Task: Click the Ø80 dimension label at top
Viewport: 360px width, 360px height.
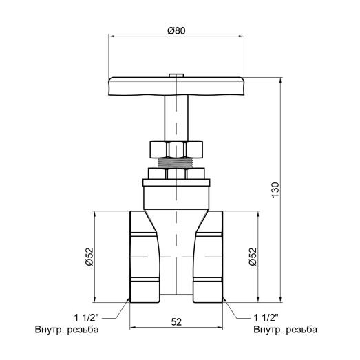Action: point(176,30)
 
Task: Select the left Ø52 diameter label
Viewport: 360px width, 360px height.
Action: point(89,255)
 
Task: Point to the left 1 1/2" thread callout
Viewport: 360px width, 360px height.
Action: point(87,317)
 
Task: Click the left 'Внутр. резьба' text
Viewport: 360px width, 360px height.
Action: point(67,330)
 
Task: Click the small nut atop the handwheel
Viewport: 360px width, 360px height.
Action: point(176,73)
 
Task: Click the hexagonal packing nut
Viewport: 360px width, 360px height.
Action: point(176,149)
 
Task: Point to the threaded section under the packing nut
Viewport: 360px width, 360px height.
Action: point(176,163)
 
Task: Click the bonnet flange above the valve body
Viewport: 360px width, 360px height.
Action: point(176,183)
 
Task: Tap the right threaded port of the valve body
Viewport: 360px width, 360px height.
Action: point(209,255)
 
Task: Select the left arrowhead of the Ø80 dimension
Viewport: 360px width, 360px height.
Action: point(111,36)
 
